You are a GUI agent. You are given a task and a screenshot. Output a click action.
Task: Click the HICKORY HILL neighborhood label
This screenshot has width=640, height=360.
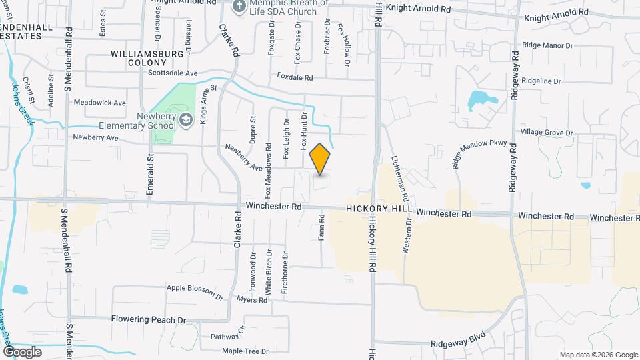click(x=379, y=209)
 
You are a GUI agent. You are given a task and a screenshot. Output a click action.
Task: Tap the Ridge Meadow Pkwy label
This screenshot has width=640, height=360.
click(x=480, y=155)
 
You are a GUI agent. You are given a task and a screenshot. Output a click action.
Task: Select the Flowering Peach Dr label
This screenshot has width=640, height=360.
click(x=149, y=319)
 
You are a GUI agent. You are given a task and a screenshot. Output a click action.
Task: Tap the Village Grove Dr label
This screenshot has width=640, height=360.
click(x=547, y=132)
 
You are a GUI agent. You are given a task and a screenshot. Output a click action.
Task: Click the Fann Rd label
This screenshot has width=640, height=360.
click(x=321, y=227)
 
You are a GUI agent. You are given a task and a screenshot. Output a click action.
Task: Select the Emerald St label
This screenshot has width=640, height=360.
click(x=151, y=173)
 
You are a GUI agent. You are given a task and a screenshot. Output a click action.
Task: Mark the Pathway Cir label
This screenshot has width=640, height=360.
click(x=229, y=331)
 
